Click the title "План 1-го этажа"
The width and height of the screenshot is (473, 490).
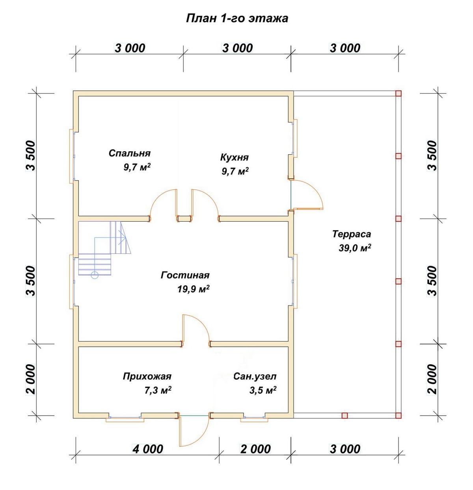pyautogui.click(x=237, y=18)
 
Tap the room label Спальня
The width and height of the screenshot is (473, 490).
pyautogui.click(x=130, y=153)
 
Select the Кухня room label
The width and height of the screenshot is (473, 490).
pyautogui.click(x=235, y=157)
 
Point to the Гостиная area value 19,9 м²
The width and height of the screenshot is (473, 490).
pyautogui.click(x=194, y=289)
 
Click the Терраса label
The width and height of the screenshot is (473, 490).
pyautogui.click(x=352, y=234)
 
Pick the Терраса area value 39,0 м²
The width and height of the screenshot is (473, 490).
pyautogui.click(x=355, y=248)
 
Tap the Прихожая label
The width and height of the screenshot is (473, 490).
pyautogui.click(x=147, y=376)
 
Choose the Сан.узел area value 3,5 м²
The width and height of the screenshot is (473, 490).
pyautogui.click(x=263, y=390)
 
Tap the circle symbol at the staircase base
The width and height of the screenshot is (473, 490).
pyautogui.click(x=95, y=275)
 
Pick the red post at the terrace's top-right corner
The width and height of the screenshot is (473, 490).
pyautogui.click(x=398, y=93)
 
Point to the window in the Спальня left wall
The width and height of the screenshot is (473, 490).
pyautogui.click(x=73, y=156)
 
